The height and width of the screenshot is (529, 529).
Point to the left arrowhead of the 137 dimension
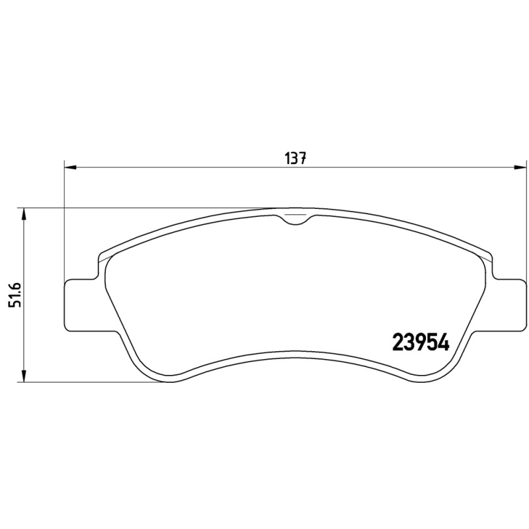[x=69, y=167]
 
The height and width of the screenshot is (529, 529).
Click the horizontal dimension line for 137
[x=198, y=167]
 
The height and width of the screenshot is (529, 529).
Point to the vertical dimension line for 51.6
[x=24, y=331]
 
